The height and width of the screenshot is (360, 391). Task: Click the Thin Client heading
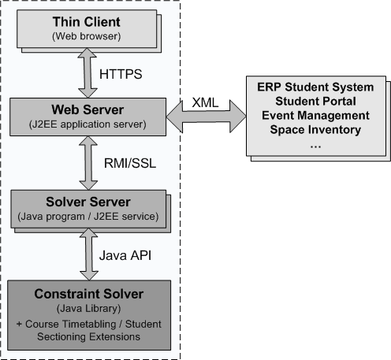[87, 22]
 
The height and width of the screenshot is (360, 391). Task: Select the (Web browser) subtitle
[87, 36]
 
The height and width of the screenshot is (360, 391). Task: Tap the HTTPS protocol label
[121, 74]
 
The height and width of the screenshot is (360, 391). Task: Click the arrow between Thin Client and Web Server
[88, 73]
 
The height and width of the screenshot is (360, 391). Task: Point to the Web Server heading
[88, 109]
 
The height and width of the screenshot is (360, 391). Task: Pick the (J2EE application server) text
[88, 124]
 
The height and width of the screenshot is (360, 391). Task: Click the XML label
[205, 102]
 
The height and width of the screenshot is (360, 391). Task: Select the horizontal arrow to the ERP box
[207, 117]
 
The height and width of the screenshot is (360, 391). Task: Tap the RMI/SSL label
[130, 163]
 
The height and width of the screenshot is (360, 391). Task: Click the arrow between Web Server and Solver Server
[88, 163]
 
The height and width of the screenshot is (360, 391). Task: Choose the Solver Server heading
[88, 202]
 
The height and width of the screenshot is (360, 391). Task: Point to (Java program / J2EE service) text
[88, 217]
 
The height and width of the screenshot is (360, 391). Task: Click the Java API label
[125, 255]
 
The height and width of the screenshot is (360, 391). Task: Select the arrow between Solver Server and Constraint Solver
[89, 254]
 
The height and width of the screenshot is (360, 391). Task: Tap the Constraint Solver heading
[89, 294]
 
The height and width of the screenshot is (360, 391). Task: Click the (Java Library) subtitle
[89, 309]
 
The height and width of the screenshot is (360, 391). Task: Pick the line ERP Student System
[315, 87]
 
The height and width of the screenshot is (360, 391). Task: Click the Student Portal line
[315, 102]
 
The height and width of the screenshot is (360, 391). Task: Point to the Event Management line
[315, 116]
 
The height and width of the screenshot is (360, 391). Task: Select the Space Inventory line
[315, 130]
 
